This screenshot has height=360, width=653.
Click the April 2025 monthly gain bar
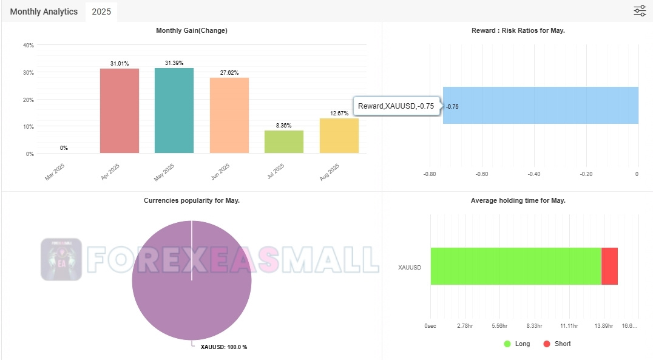click(x=120, y=110)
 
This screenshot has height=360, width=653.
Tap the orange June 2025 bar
click(x=229, y=115)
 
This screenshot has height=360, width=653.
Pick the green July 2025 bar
click(x=284, y=141)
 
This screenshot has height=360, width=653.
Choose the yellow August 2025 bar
click(x=339, y=135)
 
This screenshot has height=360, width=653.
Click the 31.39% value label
click(x=174, y=63)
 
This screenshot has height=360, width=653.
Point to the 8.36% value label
click(x=284, y=126)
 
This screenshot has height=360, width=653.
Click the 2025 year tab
click(x=101, y=12)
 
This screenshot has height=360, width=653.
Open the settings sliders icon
click(x=640, y=11)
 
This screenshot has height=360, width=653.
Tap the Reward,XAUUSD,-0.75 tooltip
click(x=396, y=106)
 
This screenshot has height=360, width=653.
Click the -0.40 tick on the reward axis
click(x=534, y=174)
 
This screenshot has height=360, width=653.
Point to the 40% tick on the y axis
click(x=28, y=45)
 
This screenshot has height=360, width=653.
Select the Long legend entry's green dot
click(x=507, y=344)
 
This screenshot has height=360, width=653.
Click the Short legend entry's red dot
click(x=546, y=344)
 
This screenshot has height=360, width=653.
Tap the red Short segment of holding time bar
click(x=609, y=266)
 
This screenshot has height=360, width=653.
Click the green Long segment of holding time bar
click(x=516, y=266)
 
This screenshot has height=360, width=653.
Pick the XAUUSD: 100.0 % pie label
click(x=223, y=347)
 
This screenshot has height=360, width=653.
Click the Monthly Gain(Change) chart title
click(x=192, y=30)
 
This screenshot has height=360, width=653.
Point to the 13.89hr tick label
click(x=604, y=326)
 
